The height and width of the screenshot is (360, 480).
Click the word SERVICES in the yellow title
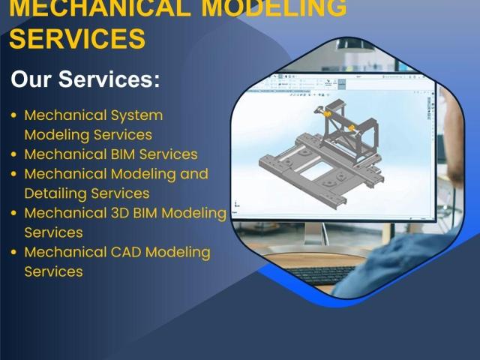pyautogui.click(x=77, y=38)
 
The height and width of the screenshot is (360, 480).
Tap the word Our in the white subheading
pyautogui.click(x=31, y=79)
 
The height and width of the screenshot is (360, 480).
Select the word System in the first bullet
pyautogui.click(x=136, y=116)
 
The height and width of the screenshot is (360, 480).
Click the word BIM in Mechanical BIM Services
pyautogui.click(x=123, y=154)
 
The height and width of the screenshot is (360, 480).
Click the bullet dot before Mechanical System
pyautogui.click(x=13, y=115)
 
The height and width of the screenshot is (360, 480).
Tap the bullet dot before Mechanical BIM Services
pyautogui.click(x=13, y=154)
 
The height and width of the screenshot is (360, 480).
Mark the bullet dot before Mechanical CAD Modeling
pyautogui.click(x=13, y=252)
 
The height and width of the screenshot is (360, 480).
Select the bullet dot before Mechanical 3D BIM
pyautogui.click(x=13, y=213)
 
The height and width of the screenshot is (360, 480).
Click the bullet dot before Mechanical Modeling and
pyautogui.click(x=13, y=174)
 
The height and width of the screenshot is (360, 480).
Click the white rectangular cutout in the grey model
pyautogui.click(x=315, y=171)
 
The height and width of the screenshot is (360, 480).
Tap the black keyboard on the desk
pyautogui.click(x=322, y=274)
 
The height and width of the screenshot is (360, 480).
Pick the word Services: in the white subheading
pyautogui.click(x=109, y=79)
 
